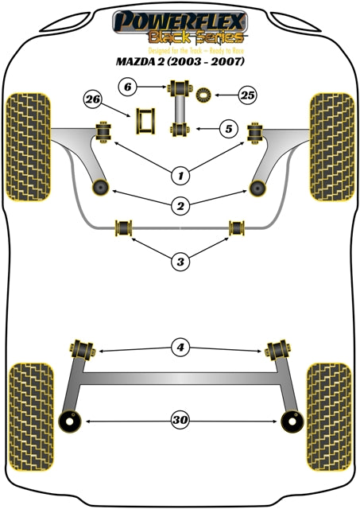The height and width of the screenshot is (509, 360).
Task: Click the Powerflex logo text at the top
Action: pos(179,19)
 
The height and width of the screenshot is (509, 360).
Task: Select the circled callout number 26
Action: pos(92,99)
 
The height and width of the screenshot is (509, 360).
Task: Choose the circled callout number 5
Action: pos(226,127)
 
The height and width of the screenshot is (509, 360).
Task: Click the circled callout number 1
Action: pos(180,174)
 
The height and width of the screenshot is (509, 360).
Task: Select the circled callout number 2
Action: pos(180,207)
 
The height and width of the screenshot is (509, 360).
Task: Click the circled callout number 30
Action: pos(180,422)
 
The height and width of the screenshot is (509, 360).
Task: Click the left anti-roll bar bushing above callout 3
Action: pos(124,228)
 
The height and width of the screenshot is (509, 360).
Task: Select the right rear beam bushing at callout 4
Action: pos(278,348)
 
